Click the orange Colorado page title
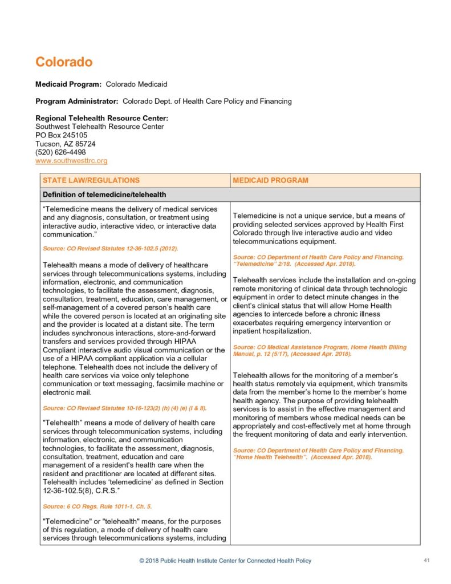64,62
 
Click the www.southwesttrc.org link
71,161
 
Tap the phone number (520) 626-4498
60,152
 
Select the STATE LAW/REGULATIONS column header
91,180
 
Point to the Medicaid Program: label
68,84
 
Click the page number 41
426,560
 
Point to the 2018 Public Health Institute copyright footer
225,561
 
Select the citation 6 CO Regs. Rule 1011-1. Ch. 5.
97,506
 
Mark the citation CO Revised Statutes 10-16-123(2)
125,408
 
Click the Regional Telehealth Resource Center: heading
101,118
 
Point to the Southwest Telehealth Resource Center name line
100,127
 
